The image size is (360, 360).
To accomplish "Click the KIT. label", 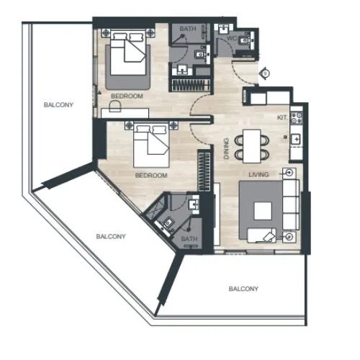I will tap(282, 117).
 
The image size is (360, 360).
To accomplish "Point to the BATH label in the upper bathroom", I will tap(187, 30).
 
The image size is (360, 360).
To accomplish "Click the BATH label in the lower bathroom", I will tap(189, 238).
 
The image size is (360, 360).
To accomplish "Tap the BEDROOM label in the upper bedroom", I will tap(127, 96).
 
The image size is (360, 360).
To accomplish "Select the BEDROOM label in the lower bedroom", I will tap(151, 176).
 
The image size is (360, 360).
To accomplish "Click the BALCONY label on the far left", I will tap(58, 105).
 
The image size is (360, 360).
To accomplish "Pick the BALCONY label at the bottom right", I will tap(243, 289).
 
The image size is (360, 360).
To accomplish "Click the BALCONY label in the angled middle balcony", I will tap(112, 236).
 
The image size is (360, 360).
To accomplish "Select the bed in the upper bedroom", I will tap(129, 58).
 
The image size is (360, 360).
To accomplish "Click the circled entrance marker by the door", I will tap(266, 73).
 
